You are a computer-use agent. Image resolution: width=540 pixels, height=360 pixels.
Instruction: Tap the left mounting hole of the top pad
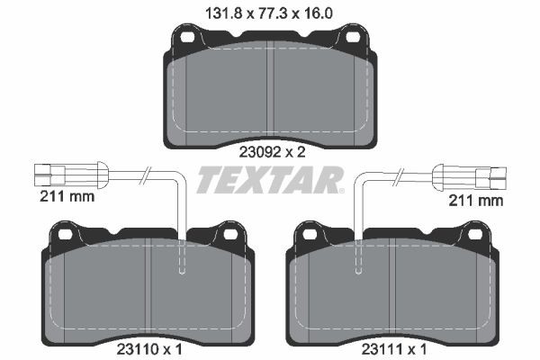click(189, 39)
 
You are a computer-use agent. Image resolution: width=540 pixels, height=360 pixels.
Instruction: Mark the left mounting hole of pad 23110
click(66, 234)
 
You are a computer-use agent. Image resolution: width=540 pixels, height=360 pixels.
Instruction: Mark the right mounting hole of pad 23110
click(229, 234)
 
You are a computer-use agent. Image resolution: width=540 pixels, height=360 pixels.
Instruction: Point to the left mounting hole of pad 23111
click(311, 234)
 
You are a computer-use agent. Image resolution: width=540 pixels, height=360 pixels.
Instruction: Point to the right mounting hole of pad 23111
click(474, 234)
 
